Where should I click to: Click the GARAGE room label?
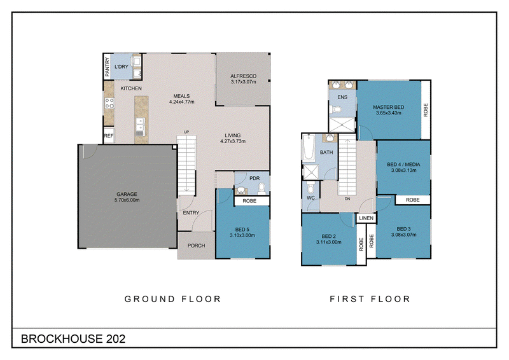coord(127,194)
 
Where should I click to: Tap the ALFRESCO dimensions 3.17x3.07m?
coord(244,82)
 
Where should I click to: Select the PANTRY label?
coord(107,67)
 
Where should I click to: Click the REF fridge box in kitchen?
coord(109,135)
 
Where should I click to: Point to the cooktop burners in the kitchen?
coord(109,104)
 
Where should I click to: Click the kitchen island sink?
coord(140,127)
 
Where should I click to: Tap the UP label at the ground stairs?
coord(186,132)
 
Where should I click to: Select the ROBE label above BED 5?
coord(249,201)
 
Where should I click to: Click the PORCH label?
coord(197,246)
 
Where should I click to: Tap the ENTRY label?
coord(191,213)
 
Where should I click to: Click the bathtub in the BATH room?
coord(309,148)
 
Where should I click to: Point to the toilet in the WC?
coord(310,188)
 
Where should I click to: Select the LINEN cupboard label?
coord(366,218)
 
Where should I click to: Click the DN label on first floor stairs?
coord(347,198)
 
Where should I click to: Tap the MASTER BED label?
coord(389,107)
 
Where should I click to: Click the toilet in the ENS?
coord(336,109)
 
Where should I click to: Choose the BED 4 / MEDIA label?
coord(403,165)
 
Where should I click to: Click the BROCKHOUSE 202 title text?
coord(73,339)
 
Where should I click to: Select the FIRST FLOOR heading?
coord(370,299)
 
